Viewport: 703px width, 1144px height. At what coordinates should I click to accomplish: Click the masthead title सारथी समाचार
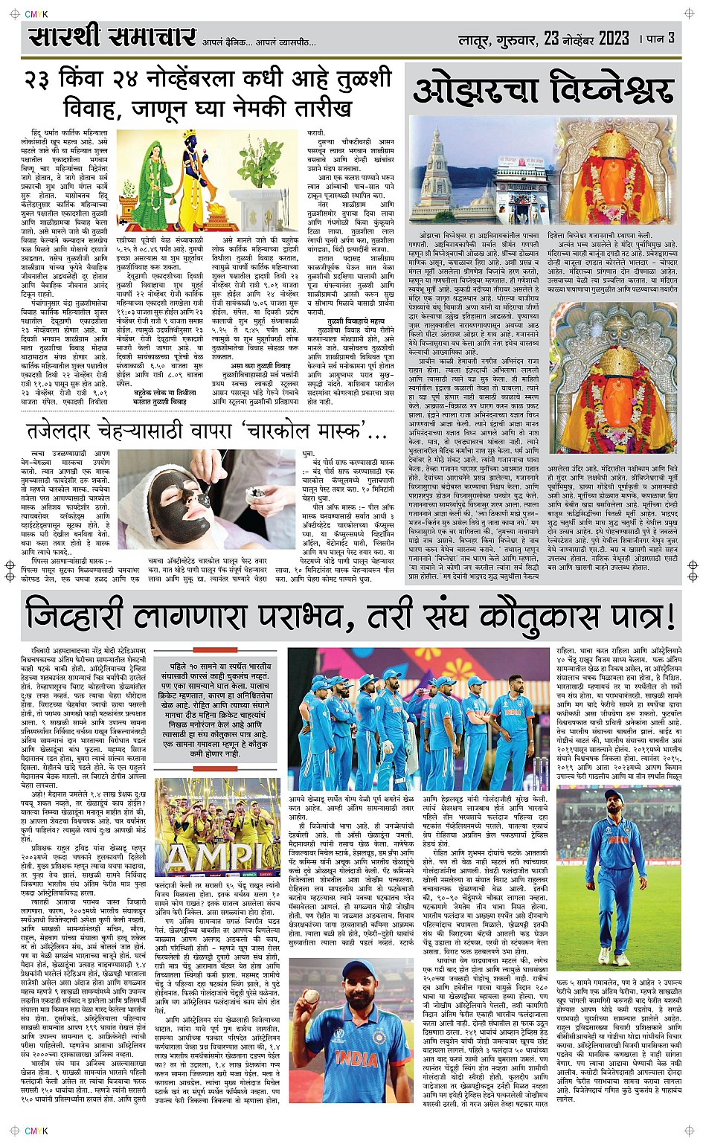tap(112, 37)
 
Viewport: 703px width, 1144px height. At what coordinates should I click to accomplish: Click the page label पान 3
tap(661, 38)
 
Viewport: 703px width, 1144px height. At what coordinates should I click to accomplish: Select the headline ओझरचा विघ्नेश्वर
tap(544, 90)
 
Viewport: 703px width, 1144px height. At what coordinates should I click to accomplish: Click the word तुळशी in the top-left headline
tap(361, 78)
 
